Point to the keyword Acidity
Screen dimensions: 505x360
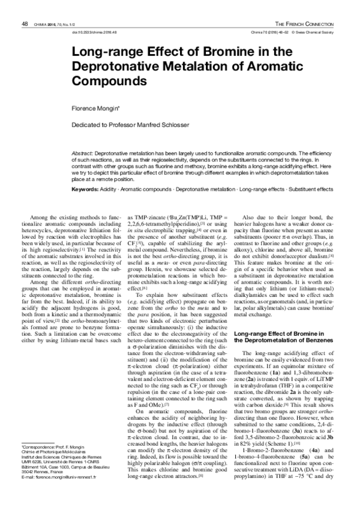[109, 190]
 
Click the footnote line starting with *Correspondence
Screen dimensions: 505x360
[54, 464]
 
